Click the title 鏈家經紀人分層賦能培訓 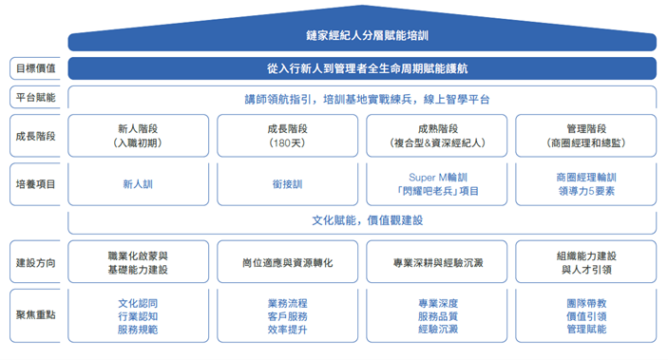coord(367,35)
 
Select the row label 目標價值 coord(36,68)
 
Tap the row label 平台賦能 coord(36,98)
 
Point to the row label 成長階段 coord(36,137)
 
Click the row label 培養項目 coord(36,184)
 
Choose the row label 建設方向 coord(36,263)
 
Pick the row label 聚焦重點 coord(36,314)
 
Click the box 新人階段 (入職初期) coord(138,136)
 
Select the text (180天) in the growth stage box coord(288,143)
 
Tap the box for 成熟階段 coord(437,136)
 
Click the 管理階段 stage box coord(586,136)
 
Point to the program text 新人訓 coord(138,184)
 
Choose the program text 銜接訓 coord(288,184)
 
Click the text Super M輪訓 coord(438,178)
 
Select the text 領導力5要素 coord(586,191)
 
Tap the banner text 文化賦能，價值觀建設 coord(367,220)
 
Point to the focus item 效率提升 coord(288,330)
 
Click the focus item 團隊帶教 coord(586,303)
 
